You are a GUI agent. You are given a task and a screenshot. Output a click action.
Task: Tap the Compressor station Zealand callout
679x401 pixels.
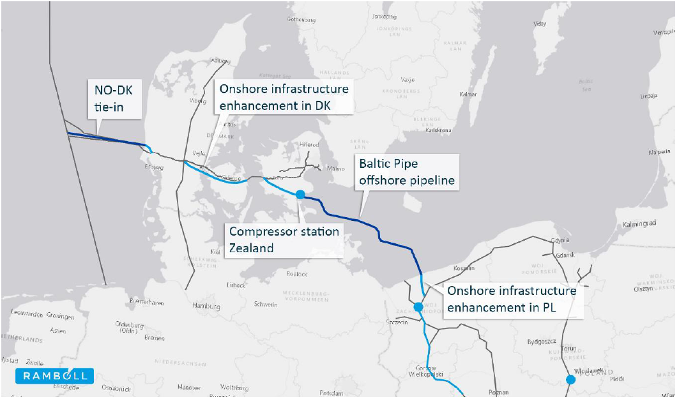(x=284, y=239)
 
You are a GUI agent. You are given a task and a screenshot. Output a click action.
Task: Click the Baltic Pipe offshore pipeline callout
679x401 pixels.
(x=406, y=172)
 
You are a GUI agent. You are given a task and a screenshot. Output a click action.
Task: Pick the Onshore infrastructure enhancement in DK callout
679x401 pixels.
(x=284, y=97)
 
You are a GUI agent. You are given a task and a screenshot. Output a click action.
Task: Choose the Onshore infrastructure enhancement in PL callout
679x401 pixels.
(x=512, y=299)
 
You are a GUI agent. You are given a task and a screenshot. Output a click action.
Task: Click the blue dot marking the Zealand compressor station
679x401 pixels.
(x=299, y=193)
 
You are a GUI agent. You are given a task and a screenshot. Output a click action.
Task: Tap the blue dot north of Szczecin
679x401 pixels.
(x=418, y=307)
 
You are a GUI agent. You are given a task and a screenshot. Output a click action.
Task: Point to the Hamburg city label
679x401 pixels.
(x=206, y=306)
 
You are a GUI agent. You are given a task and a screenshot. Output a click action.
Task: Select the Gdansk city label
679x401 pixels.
(x=565, y=255)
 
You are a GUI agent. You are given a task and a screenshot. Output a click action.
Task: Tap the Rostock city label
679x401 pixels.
(x=297, y=274)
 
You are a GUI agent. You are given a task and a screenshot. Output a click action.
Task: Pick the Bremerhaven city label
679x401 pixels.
(x=148, y=301)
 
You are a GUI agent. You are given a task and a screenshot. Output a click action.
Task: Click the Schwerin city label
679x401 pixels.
(x=266, y=305)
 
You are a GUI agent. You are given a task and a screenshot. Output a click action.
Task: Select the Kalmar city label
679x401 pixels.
(x=468, y=95)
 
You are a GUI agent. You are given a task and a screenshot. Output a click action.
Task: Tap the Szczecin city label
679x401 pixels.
(x=397, y=322)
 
